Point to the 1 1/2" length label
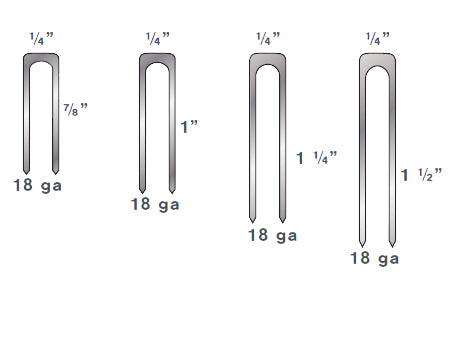tap(415, 176)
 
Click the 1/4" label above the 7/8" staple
tap(43, 39)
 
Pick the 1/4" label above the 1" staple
tap(158, 39)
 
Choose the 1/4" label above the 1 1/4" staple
tap(268, 39)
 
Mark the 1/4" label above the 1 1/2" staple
tap(378, 39)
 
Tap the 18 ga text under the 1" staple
tap(158, 205)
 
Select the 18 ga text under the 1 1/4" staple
tap(272, 236)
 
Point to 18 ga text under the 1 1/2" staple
tap(376, 258)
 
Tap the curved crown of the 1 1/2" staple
tap(376, 59)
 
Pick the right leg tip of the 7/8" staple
tap(58, 168)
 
